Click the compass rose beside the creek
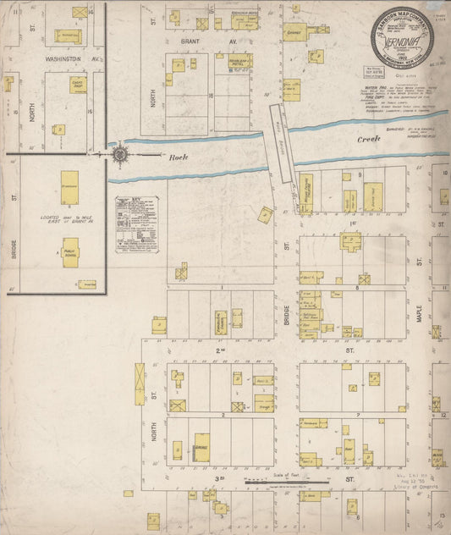[x=119, y=154]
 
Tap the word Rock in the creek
[x=176, y=157]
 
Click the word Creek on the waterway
[x=369, y=138]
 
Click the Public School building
[x=69, y=252]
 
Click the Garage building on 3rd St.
[x=201, y=449]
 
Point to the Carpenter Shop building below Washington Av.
[x=76, y=85]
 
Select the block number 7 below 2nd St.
[x=359, y=415]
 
